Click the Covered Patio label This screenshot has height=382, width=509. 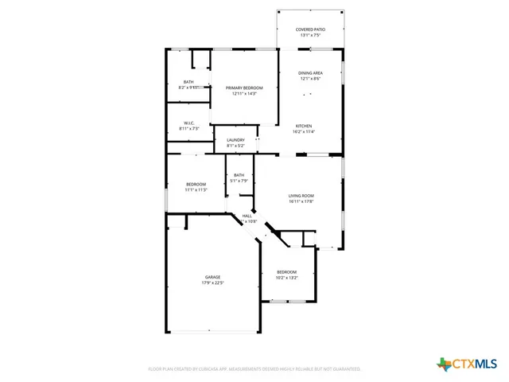pos(310,29)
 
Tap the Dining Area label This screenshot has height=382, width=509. pos(310,73)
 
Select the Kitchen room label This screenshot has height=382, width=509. pos(305,126)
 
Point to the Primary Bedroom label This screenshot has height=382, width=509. pos(244,88)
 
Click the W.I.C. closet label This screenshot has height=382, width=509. pos(188,123)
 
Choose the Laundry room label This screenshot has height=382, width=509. pos(235,140)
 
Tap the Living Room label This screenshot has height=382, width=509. pos(301,196)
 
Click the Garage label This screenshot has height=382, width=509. pos(212,277)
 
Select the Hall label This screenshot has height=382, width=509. pos(247,216)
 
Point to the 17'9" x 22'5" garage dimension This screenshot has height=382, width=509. pos(212,283)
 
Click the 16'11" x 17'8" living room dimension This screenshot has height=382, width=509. pos(301,201)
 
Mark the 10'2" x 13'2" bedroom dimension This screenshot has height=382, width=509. pos(286,278)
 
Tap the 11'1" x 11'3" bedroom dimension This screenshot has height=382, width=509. pos(196,189)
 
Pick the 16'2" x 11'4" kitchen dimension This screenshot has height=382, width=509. pos(305,131)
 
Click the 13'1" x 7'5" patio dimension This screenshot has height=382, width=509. pos(310,35)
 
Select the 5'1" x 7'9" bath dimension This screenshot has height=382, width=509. pos(239,181)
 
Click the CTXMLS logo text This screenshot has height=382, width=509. pos(474,364)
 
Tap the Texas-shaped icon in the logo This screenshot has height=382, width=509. pos(444,364)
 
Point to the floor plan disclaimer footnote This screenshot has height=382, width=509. pos(254,369)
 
